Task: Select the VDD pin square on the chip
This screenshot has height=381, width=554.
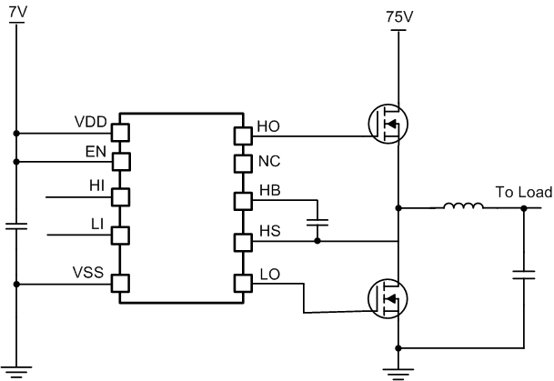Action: point(120,133)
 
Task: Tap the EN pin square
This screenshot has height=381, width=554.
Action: point(120,162)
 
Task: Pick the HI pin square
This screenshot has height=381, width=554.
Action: point(120,196)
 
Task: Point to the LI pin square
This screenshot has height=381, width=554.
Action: point(120,235)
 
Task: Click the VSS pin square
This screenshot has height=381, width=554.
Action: point(120,283)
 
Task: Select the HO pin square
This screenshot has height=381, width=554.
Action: point(243,135)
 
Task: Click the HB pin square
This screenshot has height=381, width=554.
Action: point(243,200)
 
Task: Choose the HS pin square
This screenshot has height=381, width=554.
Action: point(243,242)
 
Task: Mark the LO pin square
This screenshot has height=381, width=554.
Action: point(243,283)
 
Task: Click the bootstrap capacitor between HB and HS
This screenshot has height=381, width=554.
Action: point(317,221)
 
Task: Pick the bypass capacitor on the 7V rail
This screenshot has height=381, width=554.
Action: point(15,226)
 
